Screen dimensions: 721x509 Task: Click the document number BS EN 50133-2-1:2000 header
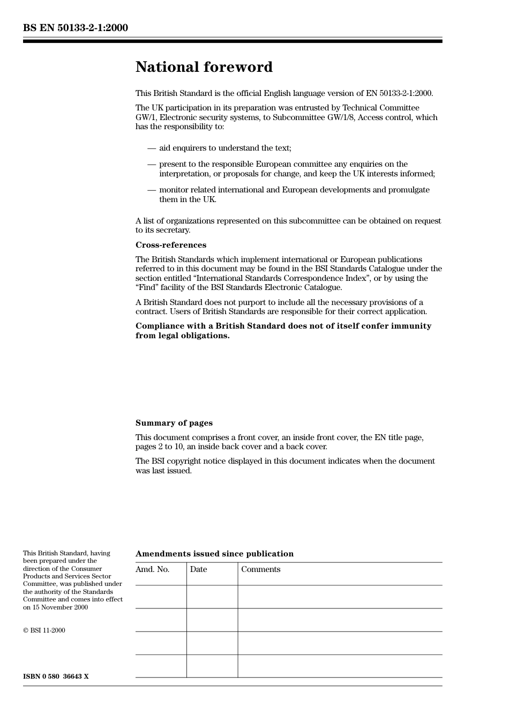[x=76, y=28]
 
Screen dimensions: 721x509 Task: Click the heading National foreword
[x=204, y=67]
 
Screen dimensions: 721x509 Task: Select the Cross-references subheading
[x=170, y=245]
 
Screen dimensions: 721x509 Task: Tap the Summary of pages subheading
[x=174, y=423]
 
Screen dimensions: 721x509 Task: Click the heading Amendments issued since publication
[x=214, y=554]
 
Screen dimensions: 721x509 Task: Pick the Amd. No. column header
[x=152, y=569]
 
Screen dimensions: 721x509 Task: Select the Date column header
[x=198, y=569]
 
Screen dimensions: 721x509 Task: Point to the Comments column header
[x=260, y=569]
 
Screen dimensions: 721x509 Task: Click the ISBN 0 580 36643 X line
[x=56, y=677]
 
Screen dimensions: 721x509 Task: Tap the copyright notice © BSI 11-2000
[x=44, y=630]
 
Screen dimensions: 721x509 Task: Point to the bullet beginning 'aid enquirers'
[x=225, y=148]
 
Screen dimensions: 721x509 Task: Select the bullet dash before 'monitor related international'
[x=152, y=190]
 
